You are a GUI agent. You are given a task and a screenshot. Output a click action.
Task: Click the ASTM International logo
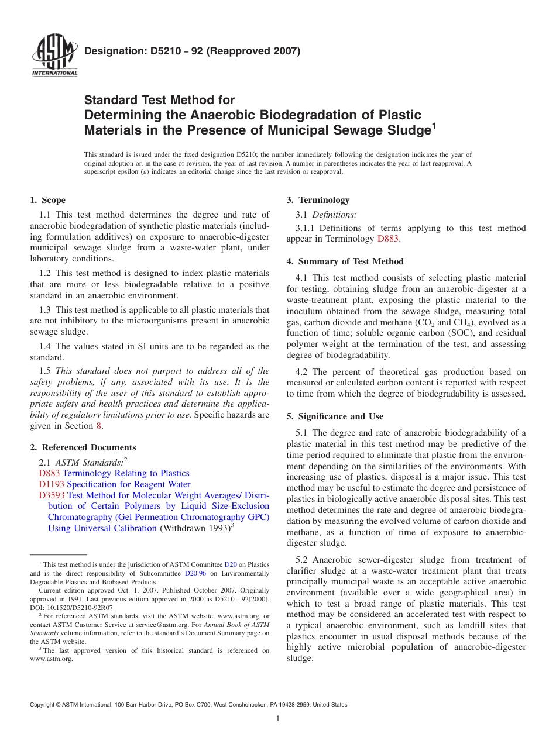pos(54,57)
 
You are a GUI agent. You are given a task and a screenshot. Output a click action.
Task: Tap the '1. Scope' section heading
pos(48,200)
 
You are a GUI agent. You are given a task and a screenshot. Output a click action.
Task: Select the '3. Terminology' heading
pos(318,200)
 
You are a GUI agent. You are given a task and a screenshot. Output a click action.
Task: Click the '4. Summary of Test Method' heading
pos(345,261)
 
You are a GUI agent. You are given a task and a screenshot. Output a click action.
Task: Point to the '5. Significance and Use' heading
pos(335,416)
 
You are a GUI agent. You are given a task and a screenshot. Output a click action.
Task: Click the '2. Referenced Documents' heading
pos(83,447)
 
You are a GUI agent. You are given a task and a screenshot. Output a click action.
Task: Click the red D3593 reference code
pos(52,495)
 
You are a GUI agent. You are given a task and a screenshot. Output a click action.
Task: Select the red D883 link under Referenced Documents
pos(49,473)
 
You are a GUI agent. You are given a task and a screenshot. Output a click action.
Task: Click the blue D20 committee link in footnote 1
pos(231,564)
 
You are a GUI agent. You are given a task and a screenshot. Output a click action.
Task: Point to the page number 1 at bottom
pos(278,719)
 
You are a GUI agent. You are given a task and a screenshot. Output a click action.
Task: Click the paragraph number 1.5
pos(45,371)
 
